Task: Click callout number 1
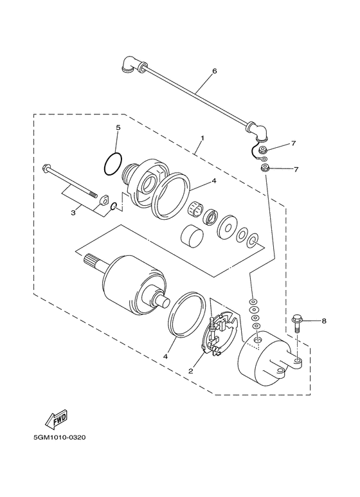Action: (x=203, y=138)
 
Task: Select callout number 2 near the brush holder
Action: (x=191, y=371)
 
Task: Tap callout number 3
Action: (x=73, y=213)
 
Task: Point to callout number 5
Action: (x=118, y=128)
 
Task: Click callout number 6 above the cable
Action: (x=215, y=71)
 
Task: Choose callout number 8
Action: (x=324, y=321)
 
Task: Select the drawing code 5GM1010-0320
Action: (x=60, y=438)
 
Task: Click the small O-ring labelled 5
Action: (x=113, y=163)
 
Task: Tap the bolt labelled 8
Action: (x=297, y=323)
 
